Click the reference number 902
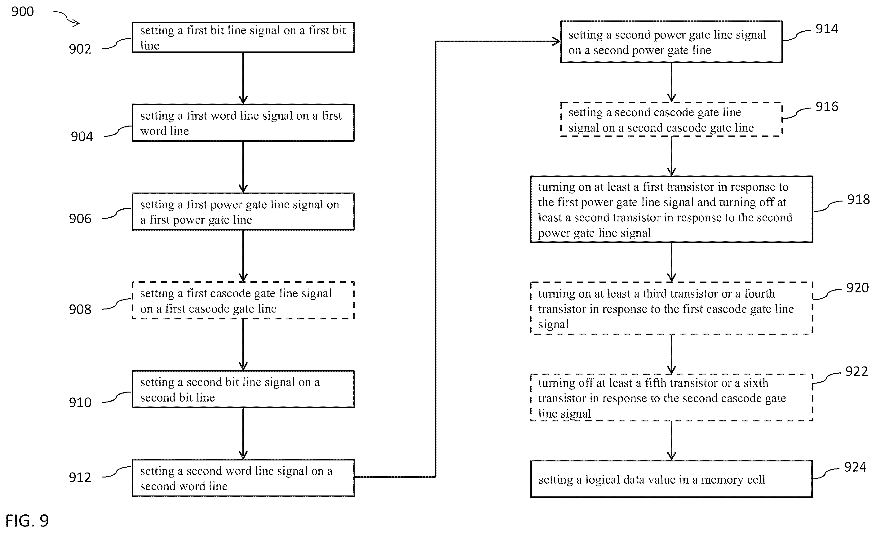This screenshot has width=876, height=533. [80, 49]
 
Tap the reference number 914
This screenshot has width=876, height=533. [827, 29]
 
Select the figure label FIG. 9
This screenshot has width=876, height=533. [27, 521]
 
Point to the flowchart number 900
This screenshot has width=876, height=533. [22, 12]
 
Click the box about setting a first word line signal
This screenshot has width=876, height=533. [243, 123]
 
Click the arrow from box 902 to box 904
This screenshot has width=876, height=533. [243, 78]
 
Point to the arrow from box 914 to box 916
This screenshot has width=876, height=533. [672, 82]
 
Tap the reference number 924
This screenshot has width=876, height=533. [855, 467]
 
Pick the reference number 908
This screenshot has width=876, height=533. [80, 310]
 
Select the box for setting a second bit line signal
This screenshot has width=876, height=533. [243, 389]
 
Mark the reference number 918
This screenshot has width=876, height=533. [858, 199]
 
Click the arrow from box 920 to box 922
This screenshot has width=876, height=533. [672, 354]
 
